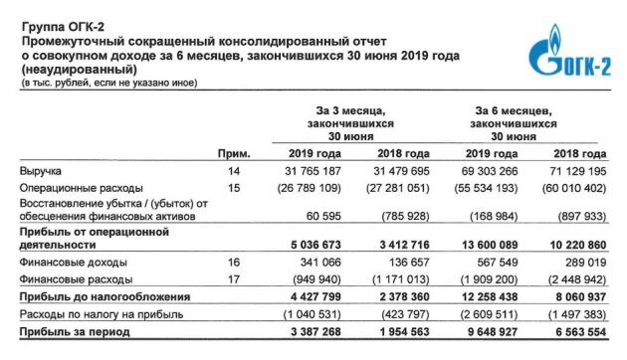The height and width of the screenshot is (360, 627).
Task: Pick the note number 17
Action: coord(235,279)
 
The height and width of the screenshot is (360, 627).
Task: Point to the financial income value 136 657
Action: coord(406,265)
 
